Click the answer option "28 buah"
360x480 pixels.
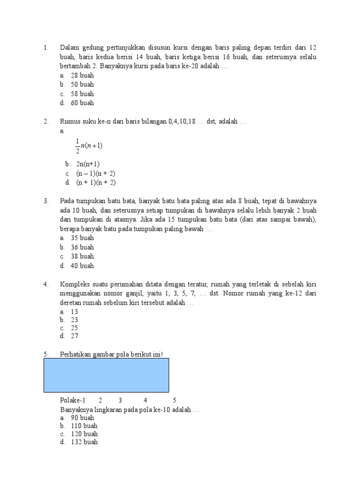82,75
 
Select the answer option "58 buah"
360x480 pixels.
82,94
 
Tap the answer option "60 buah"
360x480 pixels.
82,103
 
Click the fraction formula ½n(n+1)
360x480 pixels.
89,145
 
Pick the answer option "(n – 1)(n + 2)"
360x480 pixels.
96,173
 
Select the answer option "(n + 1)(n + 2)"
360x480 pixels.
96,182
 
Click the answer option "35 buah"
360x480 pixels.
82,238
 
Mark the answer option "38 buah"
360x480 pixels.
82,256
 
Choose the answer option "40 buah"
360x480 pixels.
82,266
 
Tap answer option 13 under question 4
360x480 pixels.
75,312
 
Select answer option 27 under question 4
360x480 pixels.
75,336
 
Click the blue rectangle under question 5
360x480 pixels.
106,375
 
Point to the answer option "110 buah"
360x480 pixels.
84,426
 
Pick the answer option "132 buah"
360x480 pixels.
84,442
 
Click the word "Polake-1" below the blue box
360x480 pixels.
73,400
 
